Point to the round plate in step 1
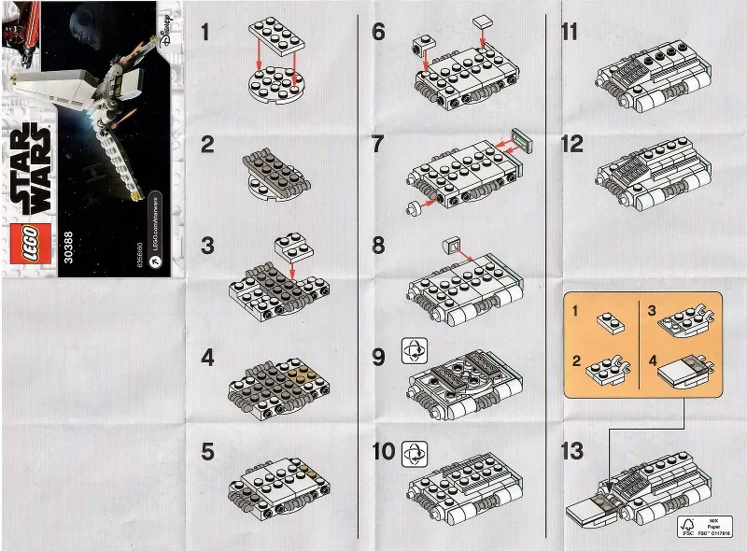[x=276, y=92]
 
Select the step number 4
[x=207, y=358]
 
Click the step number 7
[x=378, y=145]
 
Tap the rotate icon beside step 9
[x=412, y=352]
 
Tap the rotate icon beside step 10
[x=412, y=453]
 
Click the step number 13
[x=572, y=453]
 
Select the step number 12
[x=571, y=145]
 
